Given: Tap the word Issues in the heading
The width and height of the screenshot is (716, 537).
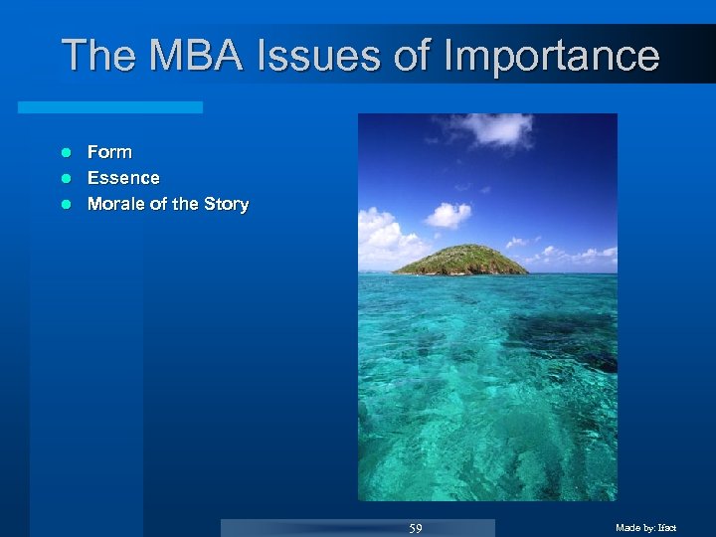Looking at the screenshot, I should [318, 56].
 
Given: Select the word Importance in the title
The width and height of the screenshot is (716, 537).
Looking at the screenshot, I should [552, 58].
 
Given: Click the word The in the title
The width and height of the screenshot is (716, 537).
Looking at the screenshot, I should [99, 56].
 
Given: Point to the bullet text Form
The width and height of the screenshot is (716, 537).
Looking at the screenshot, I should [109, 152].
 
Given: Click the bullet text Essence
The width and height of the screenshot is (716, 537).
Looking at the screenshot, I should [123, 178].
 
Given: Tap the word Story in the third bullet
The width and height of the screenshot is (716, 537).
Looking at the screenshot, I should [226, 204].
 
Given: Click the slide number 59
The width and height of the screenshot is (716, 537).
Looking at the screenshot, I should [416, 528].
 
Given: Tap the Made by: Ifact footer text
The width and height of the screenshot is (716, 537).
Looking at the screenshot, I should [645, 528].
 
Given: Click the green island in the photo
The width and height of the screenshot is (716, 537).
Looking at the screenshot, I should [459, 261].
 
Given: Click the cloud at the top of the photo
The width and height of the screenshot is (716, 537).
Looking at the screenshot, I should [492, 127].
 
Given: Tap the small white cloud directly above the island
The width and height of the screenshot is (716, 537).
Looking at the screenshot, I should [447, 215].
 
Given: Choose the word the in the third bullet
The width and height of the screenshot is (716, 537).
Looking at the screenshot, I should [185, 204].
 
